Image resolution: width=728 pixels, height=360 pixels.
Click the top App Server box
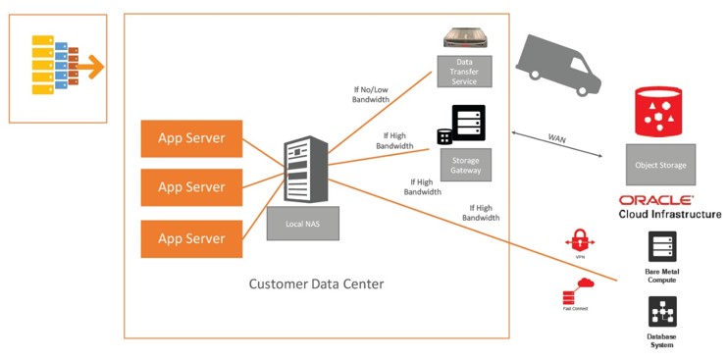click(192, 138)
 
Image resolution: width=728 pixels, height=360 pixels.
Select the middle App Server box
click(192, 186)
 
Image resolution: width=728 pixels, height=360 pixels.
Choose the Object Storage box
click(660, 164)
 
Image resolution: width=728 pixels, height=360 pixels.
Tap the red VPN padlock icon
click(580, 241)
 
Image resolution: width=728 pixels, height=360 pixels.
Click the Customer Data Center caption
click(315, 284)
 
